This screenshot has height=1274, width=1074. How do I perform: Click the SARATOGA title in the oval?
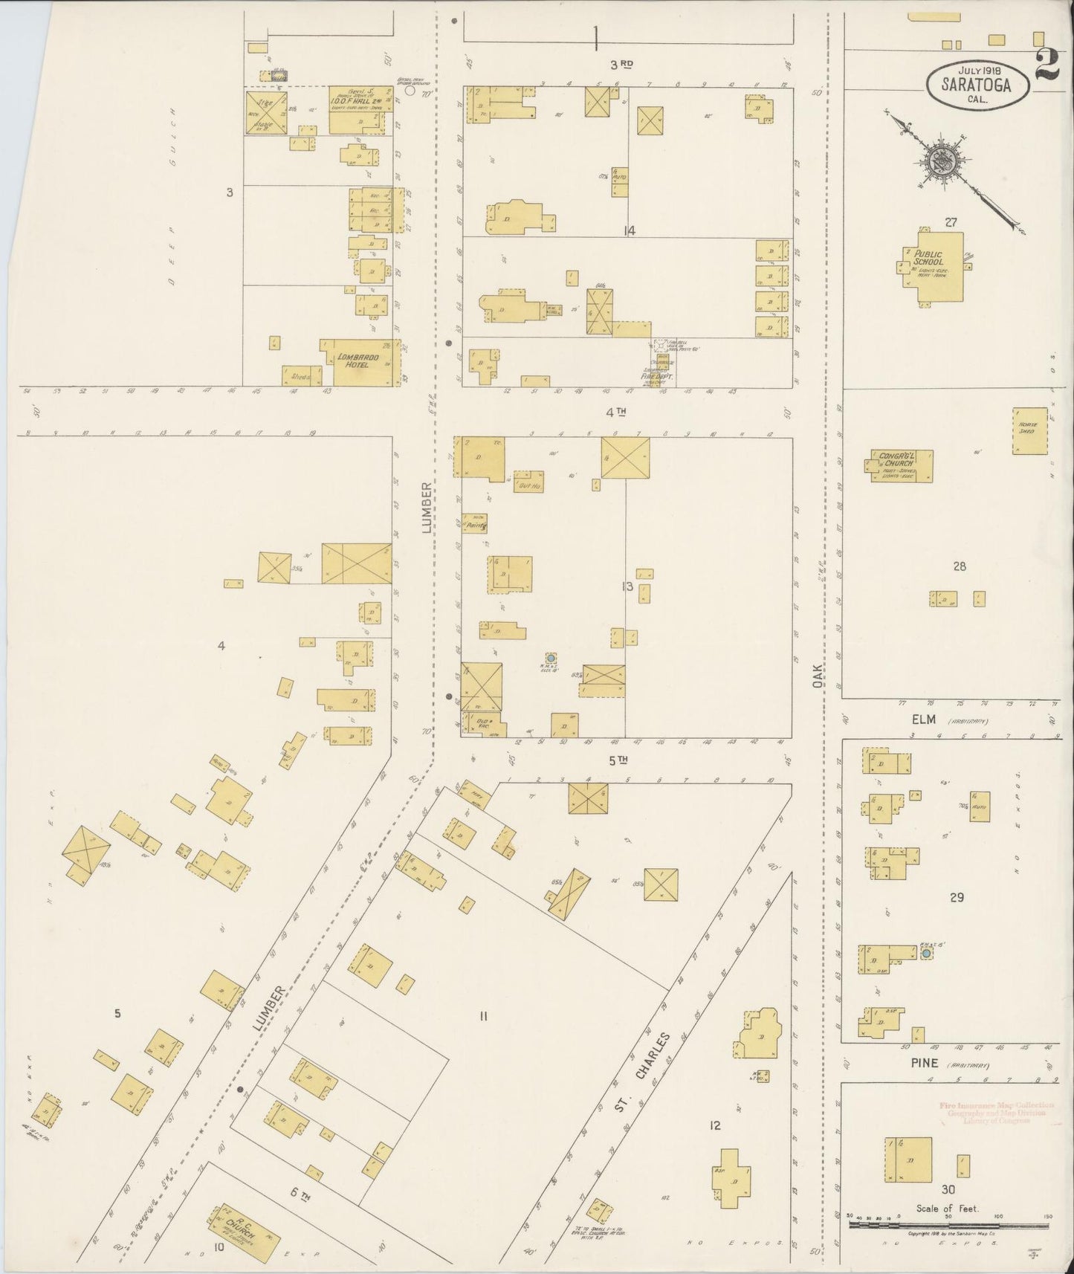coord(977,85)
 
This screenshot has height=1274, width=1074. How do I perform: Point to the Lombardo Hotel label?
coord(358,361)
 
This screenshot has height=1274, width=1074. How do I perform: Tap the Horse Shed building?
coord(1029,431)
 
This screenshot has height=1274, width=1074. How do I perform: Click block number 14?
coord(629,231)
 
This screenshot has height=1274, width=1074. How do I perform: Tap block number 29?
coord(957,897)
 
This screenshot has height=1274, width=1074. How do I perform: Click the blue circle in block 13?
coord(551,659)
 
